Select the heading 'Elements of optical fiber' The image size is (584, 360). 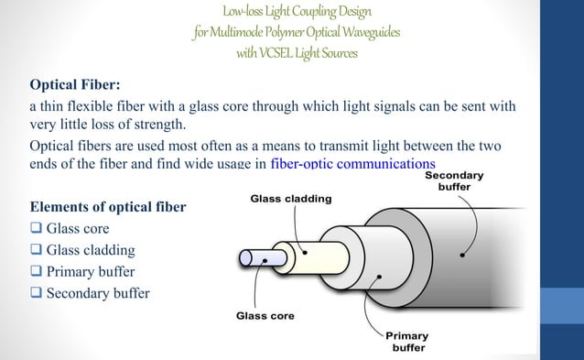point(108,206)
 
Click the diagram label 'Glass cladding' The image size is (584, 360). point(291,198)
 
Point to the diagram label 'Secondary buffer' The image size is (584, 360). point(455,183)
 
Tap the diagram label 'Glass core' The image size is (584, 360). point(264,317)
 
